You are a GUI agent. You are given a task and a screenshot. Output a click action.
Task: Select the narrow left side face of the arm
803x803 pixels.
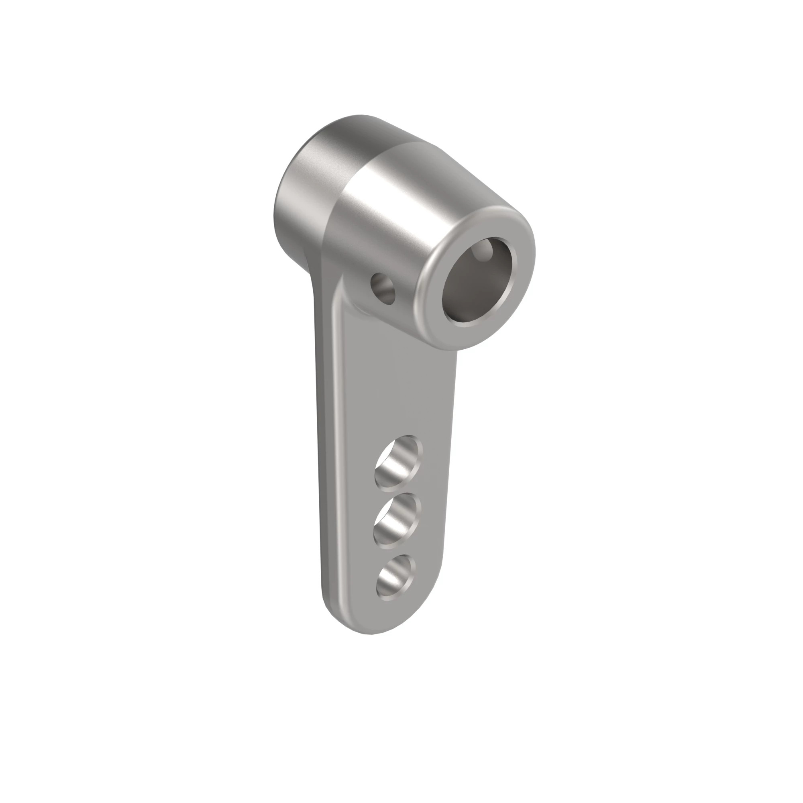pos(328,457)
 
